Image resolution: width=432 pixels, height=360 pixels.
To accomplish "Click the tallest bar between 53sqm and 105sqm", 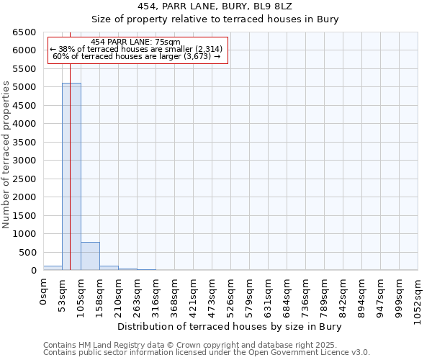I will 71,176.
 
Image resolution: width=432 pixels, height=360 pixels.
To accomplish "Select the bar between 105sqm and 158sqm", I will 90,256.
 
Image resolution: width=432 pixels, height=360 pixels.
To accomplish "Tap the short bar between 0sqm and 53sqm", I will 53,268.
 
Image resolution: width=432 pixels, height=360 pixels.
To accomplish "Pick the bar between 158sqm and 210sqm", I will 109,268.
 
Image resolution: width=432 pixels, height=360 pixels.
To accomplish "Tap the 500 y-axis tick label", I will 27,252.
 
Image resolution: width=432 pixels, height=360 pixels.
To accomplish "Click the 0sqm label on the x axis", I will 44,291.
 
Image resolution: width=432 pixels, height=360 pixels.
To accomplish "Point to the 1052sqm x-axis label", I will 418,297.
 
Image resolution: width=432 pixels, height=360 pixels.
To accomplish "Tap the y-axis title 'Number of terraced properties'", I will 6,154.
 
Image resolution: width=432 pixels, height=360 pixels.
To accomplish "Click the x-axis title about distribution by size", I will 230,327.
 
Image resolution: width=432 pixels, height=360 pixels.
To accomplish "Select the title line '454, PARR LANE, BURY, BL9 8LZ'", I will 230,7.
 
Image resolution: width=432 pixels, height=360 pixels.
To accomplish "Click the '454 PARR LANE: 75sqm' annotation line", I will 136,42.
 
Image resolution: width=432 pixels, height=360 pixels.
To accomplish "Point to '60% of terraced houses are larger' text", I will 136,56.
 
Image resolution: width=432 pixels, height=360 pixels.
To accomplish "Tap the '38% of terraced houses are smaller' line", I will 136,49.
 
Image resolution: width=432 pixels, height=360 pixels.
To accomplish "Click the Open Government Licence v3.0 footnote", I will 207,353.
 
